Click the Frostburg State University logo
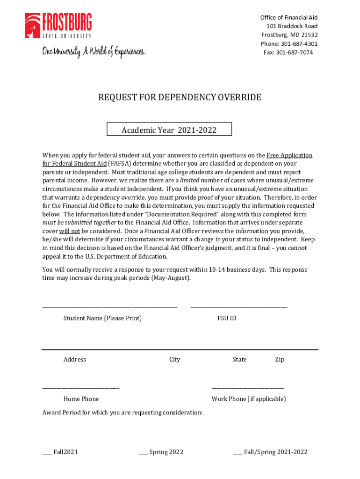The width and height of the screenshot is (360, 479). coord(58,26)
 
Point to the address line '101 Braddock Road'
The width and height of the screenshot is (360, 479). coord(292,26)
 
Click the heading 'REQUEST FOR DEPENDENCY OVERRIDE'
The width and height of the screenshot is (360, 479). coord(180,98)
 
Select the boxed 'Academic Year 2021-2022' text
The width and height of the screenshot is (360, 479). coord(169,130)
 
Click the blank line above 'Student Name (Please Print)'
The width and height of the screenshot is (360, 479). coord(110,307)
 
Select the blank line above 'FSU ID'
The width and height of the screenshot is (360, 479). coord(239,307)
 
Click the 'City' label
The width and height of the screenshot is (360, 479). coord(175,360)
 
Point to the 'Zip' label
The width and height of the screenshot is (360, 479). coord(280,360)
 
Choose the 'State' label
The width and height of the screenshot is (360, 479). coord(240,360)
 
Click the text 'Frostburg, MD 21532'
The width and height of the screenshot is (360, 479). coord(289,35)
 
